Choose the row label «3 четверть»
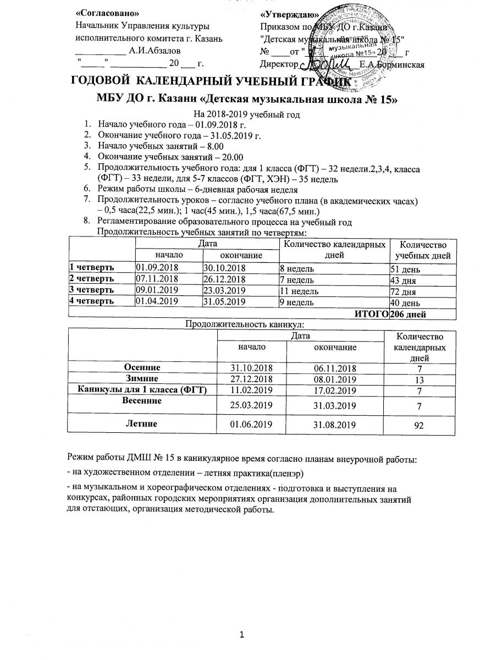[91, 290]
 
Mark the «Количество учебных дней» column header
[421, 250]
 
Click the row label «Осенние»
[142, 367]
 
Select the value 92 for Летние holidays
[421, 425]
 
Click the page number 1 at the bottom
[241, 636]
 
